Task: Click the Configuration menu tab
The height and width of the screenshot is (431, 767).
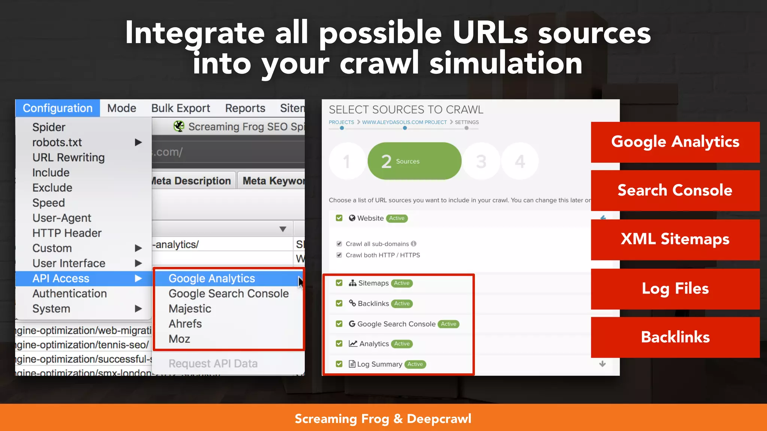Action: (57, 108)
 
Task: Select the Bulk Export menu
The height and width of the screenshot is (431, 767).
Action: (181, 108)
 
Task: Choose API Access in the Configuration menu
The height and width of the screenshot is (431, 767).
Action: (61, 278)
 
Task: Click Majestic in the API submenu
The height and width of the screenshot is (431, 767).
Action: (190, 309)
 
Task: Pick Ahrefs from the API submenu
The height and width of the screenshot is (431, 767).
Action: (185, 324)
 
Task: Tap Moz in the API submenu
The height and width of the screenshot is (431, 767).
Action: (179, 339)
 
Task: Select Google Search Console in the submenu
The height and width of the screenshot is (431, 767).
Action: (228, 294)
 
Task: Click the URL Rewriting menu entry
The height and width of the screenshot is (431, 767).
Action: (69, 158)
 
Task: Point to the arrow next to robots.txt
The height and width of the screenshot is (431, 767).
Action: (138, 143)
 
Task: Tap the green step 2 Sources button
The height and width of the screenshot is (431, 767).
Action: (414, 161)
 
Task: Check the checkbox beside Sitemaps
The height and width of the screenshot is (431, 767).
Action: (339, 283)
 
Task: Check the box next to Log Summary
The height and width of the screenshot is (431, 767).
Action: (339, 364)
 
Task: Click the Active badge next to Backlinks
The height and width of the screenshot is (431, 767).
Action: (402, 303)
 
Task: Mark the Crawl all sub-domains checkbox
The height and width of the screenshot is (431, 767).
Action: (339, 244)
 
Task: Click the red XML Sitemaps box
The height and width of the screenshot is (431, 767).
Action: (675, 239)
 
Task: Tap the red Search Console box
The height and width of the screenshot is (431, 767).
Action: (675, 190)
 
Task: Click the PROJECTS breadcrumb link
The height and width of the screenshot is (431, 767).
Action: (341, 122)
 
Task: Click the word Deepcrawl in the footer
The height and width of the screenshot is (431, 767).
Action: (439, 419)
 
